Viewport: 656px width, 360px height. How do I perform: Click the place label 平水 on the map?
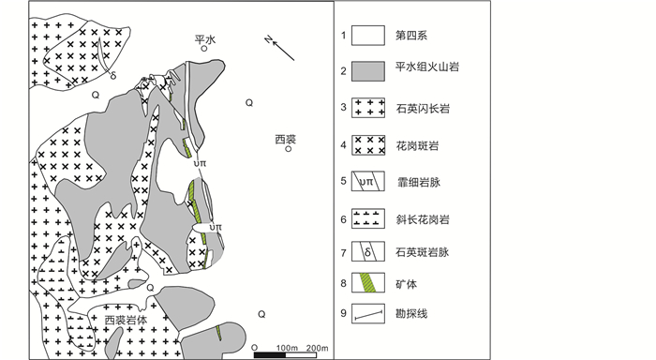click(x=205, y=39)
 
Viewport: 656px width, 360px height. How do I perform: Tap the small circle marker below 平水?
click(x=204, y=48)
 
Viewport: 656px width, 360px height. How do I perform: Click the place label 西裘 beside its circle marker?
click(x=286, y=139)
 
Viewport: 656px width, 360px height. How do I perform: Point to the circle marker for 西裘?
click(x=289, y=149)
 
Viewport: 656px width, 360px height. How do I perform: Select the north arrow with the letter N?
click(x=279, y=48)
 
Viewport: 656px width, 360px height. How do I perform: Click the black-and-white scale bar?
click(x=285, y=355)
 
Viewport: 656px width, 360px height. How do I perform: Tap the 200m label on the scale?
click(x=317, y=348)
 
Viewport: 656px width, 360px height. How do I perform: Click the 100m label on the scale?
click(x=287, y=348)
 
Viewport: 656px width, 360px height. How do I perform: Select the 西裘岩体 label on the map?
click(x=126, y=321)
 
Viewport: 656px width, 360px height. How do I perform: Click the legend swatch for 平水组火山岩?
click(x=368, y=71)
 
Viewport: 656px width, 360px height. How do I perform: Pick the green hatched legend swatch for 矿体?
click(x=368, y=282)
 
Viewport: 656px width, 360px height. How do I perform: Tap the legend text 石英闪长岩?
click(x=423, y=109)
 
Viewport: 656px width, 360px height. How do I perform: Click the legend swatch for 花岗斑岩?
click(x=368, y=145)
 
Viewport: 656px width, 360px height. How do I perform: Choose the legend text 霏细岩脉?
click(x=419, y=182)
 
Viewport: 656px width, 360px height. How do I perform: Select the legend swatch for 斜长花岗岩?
click(x=368, y=219)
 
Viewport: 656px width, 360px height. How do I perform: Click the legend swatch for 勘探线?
click(x=368, y=313)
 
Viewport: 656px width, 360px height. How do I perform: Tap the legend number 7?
click(x=344, y=253)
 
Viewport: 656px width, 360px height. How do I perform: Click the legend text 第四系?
click(x=411, y=36)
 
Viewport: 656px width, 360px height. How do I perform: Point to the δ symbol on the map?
click(x=113, y=76)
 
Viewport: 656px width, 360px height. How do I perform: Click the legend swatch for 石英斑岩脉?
click(x=368, y=251)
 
